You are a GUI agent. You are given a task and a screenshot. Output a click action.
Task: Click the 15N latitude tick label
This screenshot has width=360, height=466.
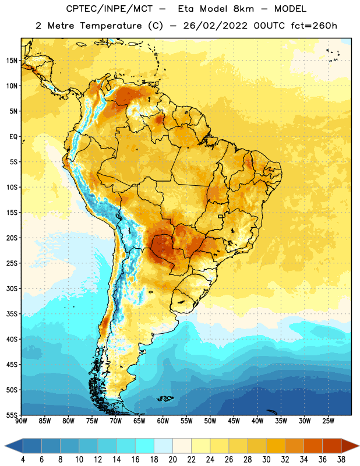[x=12, y=61]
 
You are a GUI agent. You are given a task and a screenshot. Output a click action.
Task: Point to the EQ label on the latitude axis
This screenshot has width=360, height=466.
[x=13, y=137]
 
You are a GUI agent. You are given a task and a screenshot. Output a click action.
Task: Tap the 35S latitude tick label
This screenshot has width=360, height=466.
[x=12, y=314]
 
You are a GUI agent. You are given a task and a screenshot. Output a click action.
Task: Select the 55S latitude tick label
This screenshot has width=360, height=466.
[x=12, y=415]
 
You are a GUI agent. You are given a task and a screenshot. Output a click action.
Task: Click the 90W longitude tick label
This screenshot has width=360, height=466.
[x=21, y=421]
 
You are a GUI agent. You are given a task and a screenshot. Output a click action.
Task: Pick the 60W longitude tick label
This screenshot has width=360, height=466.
[x=163, y=421]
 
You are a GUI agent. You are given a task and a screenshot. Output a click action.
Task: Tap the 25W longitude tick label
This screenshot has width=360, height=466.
[x=328, y=421]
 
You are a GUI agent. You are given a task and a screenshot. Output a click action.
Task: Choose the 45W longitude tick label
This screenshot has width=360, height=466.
[x=234, y=421]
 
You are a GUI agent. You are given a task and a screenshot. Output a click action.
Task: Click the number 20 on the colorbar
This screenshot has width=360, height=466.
[x=172, y=460]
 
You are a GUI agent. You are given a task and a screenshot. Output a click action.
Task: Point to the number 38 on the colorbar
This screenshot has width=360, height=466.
[x=341, y=460]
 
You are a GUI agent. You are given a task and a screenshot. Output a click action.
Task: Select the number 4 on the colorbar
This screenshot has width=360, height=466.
[x=23, y=460]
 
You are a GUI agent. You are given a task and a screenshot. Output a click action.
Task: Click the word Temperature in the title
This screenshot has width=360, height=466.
[x=111, y=26]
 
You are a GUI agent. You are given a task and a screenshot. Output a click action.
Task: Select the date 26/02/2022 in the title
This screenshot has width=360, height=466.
[x=215, y=26]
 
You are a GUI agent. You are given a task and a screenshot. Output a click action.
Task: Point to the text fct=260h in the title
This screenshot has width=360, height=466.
[x=314, y=26]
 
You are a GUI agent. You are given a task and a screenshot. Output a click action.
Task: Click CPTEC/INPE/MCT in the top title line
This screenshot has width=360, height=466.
[x=110, y=9]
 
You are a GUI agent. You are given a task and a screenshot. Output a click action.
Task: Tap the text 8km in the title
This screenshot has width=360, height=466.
[x=244, y=9]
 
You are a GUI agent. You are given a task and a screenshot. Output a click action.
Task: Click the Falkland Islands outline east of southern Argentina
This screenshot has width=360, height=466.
[x=165, y=398]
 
